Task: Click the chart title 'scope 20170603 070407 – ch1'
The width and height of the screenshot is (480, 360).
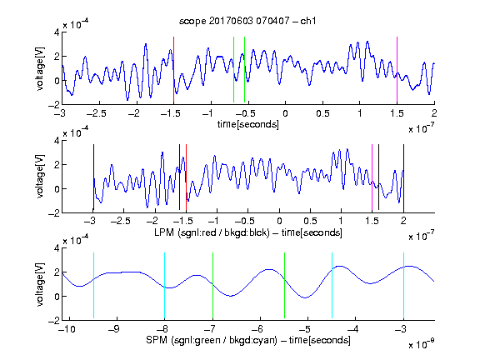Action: pos(247,21)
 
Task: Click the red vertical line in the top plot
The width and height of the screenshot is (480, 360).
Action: pos(173,69)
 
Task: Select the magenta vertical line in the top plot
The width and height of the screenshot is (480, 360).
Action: pos(397,69)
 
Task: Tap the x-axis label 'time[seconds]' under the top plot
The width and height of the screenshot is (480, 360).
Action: pos(248,124)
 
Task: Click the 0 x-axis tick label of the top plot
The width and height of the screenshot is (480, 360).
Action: pos(285,113)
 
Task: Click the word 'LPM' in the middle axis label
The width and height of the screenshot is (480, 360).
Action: pos(164,232)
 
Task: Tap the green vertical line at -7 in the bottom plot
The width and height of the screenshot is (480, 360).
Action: pos(212,286)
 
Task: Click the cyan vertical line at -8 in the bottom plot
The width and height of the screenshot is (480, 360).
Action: pos(164,286)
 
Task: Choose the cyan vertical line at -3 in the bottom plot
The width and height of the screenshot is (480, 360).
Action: pos(403,286)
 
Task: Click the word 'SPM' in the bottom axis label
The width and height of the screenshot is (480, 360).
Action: pos(157,340)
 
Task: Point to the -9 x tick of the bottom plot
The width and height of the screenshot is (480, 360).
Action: pos(114,329)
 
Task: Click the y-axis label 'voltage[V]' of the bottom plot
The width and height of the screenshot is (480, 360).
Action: pos(40,285)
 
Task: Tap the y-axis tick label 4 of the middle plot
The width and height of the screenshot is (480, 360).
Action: pos(57,141)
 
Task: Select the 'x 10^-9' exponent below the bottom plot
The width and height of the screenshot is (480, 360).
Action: pos(421,344)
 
